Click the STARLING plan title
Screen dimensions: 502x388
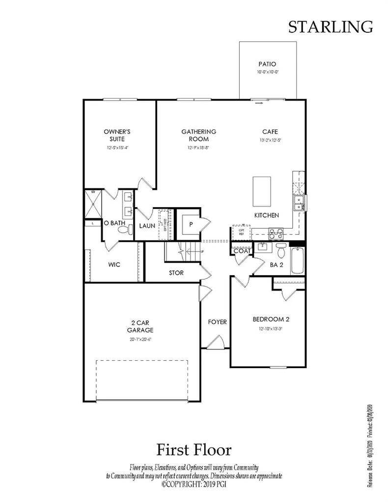[x=330, y=27]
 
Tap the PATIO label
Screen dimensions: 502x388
[x=267, y=64]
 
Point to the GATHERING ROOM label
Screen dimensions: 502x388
[x=198, y=135]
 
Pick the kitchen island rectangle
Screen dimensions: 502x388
[x=262, y=192]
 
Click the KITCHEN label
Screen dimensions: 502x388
[x=267, y=215]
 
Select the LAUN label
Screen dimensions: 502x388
[x=147, y=226]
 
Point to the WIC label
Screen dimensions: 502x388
[x=114, y=264]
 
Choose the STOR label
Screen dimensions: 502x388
[x=176, y=273]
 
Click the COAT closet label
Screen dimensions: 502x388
[x=242, y=251]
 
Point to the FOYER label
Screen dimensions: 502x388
[x=217, y=322]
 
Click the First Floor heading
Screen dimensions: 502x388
[x=194, y=449]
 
